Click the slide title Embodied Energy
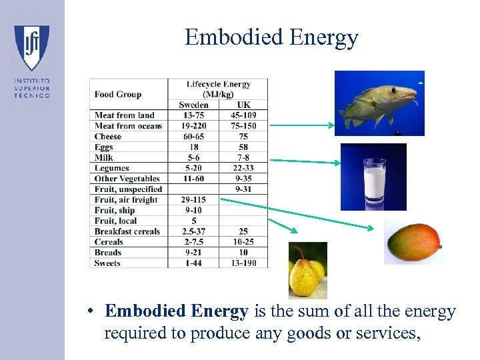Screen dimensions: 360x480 pyautogui.click(x=271, y=37)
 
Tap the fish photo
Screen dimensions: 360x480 pyautogui.click(x=379, y=103)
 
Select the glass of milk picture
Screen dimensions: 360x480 pyautogui.click(x=373, y=177)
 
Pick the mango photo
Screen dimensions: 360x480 pyautogui.click(x=413, y=242)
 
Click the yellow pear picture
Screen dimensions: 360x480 pyautogui.click(x=307, y=269)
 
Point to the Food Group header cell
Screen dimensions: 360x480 pyautogui.click(x=118, y=94)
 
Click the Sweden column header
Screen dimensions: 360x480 pyautogui.click(x=193, y=105)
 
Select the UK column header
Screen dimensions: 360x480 pyautogui.click(x=243, y=105)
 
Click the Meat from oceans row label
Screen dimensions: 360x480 pyautogui.click(x=128, y=126)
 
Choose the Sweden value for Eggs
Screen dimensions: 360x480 pyautogui.click(x=193, y=147)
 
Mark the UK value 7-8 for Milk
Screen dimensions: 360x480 pyautogui.click(x=243, y=158)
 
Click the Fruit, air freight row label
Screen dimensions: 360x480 pyautogui.click(x=126, y=200)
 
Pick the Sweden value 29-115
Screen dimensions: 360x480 pyautogui.click(x=193, y=200)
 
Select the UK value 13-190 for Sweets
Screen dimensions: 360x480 pyautogui.click(x=243, y=263)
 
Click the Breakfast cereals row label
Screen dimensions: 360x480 pyautogui.click(x=127, y=231)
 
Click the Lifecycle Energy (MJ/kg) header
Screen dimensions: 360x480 pyautogui.click(x=219, y=89)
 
